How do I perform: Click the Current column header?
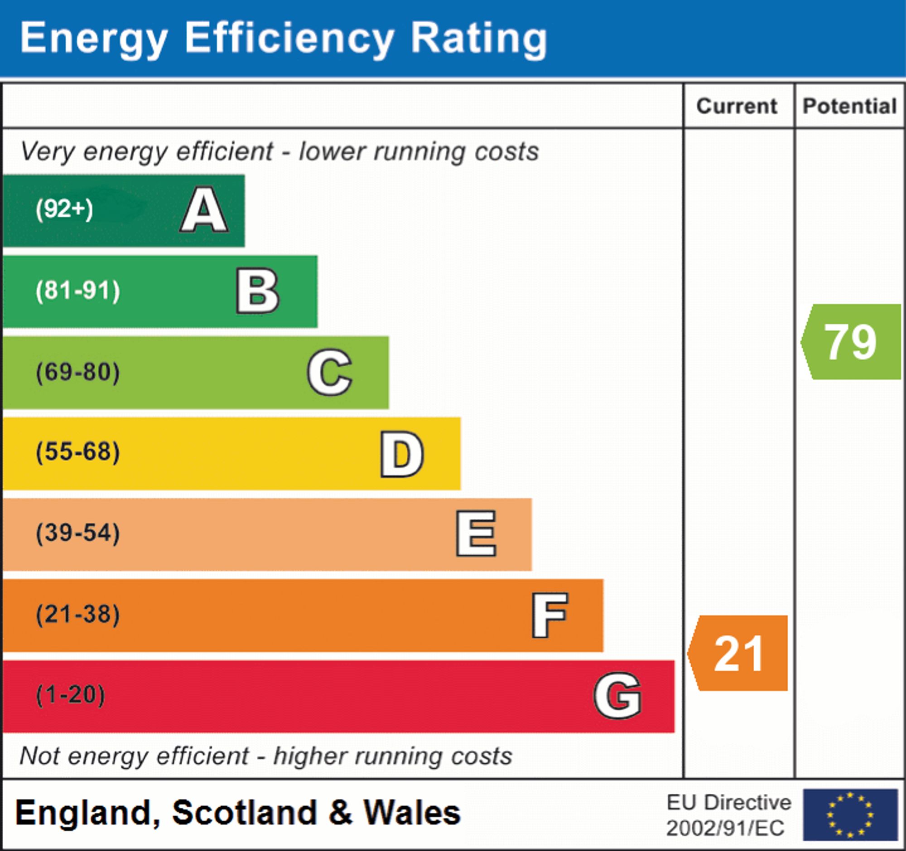click(737, 106)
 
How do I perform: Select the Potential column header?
click(849, 106)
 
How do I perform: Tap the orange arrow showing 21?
click(738, 653)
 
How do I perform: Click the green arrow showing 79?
click(850, 342)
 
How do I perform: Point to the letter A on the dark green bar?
click(204, 210)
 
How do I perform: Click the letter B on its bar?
click(257, 291)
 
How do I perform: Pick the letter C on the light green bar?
click(329, 372)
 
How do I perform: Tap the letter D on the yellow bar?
click(402, 454)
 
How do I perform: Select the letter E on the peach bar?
click(476, 534)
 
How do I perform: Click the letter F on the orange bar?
click(549, 615)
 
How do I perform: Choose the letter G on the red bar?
click(617, 696)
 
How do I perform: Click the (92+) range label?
click(64, 209)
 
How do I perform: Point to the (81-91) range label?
click(78, 290)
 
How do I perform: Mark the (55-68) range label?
click(78, 452)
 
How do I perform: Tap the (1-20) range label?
click(70, 695)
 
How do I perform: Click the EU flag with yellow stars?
click(850, 814)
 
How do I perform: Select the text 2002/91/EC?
click(725, 828)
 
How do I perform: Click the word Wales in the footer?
click(411, 813)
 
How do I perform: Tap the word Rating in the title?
click(478, 39)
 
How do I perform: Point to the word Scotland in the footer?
click(244, 813)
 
